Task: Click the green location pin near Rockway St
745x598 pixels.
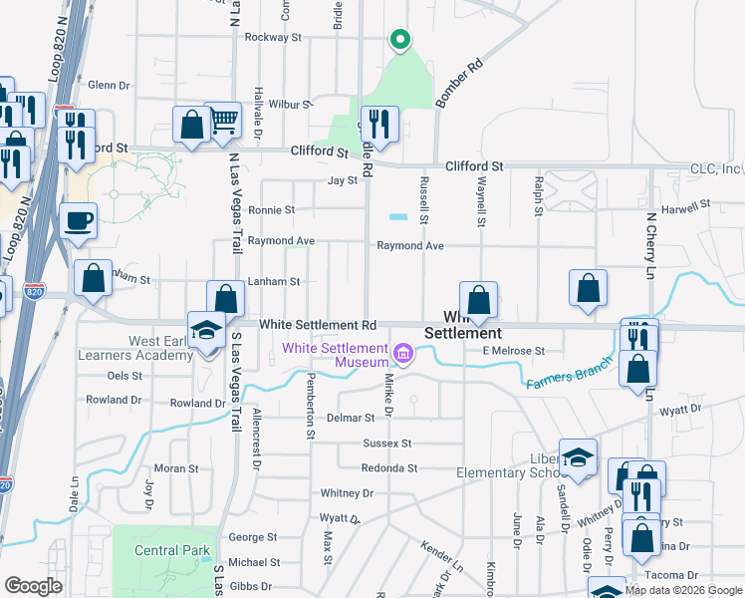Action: (x=399, y=40)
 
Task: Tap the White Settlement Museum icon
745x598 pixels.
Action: (x=402, y=353)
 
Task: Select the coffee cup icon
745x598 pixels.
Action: (x=78, y=221)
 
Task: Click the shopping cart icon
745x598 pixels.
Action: (x=223, y=121)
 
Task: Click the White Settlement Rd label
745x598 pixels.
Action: (x=318, y=325)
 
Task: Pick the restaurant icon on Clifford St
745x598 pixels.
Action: (x=379, y=124)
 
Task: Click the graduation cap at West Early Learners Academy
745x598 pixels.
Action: (x=206, y=330)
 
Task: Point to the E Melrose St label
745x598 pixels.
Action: (x=513, y=351)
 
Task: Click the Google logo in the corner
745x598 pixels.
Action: (x=33, y=586)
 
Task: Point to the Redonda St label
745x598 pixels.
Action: (x=388, y=468)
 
